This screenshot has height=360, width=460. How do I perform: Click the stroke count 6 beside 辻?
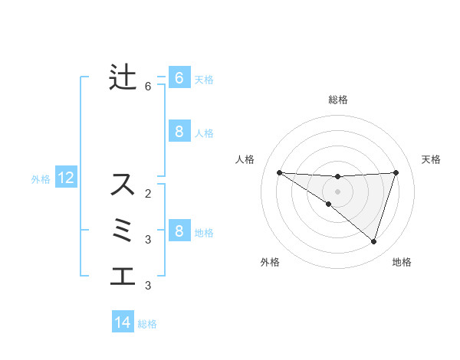pos(148,87)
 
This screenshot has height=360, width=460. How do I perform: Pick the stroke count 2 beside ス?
pos(148,193)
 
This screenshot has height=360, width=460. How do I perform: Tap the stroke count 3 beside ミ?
pos(148,240)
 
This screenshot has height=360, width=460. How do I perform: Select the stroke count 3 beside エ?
pos(148,286)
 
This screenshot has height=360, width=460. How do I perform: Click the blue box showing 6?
pos(179,77)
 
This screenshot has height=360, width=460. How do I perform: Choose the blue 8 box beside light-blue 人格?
pos(179,131)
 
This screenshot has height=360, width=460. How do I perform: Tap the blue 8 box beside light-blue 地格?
pos(179,231)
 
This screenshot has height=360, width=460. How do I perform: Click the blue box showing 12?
pos(66,178)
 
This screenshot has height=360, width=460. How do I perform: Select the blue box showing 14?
pos(123,322)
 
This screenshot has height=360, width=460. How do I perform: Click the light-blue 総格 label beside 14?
pos(147,324)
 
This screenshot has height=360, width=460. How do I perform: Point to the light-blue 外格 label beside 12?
pos(41,179)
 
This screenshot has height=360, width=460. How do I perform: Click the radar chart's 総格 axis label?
pos(337,100)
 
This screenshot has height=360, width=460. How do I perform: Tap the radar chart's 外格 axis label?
pos(270,262)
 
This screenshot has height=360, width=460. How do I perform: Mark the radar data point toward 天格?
pos(396,172)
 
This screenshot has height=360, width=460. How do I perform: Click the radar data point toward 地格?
pos(373,241)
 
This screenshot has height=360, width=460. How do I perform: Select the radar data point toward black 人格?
pos(279,172)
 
